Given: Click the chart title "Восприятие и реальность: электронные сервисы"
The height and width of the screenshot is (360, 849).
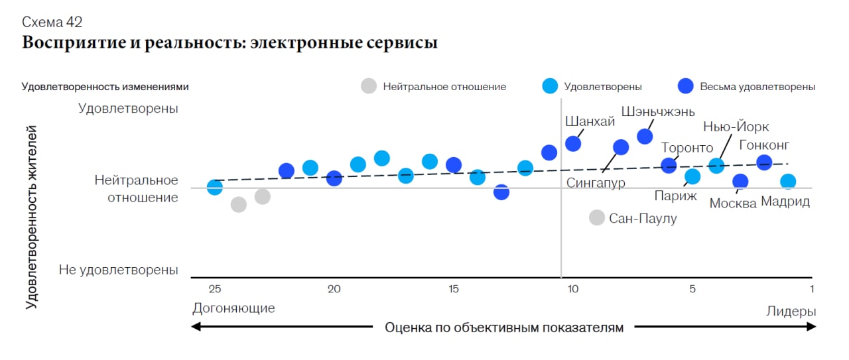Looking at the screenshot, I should (229, 43).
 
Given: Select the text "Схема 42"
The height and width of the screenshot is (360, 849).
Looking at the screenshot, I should (52, 23).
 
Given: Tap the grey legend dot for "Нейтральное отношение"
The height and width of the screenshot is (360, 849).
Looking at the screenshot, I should (369, 86).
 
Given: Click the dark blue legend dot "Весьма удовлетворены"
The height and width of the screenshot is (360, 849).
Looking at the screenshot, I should (686, 86).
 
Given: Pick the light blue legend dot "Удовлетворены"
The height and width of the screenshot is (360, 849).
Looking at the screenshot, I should (550, 86).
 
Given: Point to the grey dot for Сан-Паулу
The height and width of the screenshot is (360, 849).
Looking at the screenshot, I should (597, 217).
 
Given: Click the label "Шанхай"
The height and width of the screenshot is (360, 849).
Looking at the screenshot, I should (590, 121).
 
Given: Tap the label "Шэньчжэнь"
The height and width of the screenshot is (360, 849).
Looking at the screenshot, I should (658, 111).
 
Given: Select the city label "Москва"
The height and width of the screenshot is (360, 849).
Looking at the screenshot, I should (733, 203).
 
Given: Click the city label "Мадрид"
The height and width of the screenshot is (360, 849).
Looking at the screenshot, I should (785, 202).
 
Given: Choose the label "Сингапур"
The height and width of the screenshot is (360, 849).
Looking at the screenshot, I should (596, 182).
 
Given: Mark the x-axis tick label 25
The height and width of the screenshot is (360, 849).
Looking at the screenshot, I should (214, 289).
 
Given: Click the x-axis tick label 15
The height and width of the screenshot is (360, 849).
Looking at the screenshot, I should (453, 289).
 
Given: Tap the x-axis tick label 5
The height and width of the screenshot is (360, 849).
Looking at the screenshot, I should (692, 289).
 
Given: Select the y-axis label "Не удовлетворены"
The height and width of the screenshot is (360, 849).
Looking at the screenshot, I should (119, 270).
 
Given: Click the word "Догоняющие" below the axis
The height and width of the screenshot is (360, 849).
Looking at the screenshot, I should (233, 308).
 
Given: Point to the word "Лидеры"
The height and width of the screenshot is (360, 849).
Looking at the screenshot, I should (791, 312).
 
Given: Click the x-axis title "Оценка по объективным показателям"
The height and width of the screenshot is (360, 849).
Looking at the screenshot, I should (504, 328).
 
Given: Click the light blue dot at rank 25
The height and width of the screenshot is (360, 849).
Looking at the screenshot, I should (214, 187).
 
